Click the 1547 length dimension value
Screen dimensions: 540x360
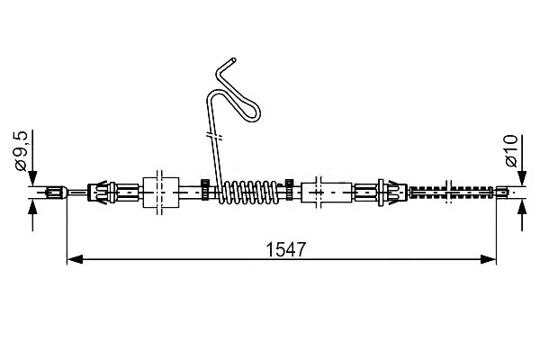[285, 249]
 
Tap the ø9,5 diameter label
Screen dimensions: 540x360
[21, 151]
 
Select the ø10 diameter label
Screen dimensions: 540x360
[511, 150]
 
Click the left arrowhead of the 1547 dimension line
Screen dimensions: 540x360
[75, 259]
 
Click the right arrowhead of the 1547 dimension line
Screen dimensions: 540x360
[488, 259]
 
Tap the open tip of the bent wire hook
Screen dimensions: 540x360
[234, 60]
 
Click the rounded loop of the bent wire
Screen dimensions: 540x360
[252, 112]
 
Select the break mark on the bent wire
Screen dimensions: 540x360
[214, 135]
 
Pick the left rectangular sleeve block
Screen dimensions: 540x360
[161, 193]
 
